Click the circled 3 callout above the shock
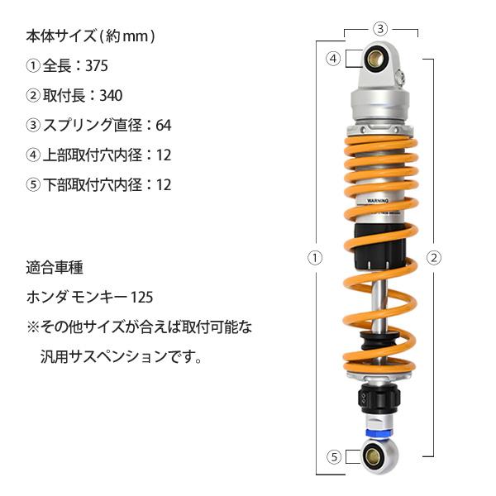(379, 29)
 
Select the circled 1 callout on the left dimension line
(314, 257)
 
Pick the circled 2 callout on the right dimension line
(433, 257)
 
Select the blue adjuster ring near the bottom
(379, 431)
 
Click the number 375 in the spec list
(95, 66)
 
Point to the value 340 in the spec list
(110, 96)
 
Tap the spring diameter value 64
(163, 126)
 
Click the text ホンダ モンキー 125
(90, 297)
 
